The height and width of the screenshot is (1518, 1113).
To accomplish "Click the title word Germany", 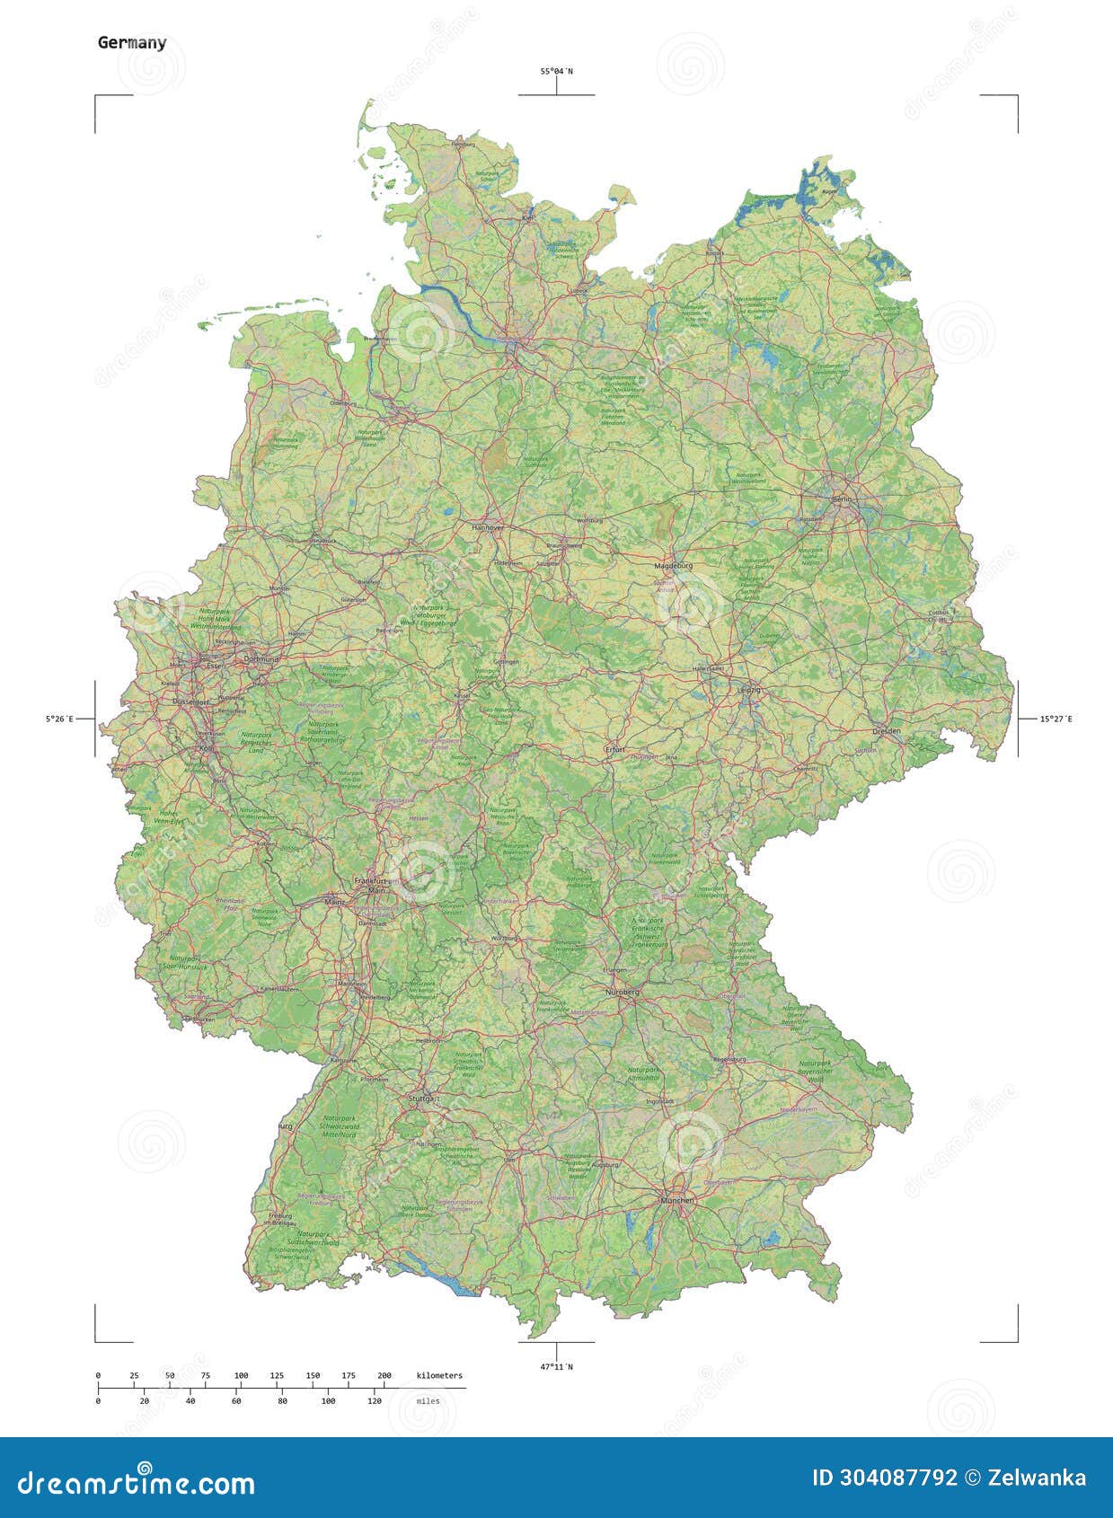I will [x=132, y=42].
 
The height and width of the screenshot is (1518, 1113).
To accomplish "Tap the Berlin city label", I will [x=842, y=499].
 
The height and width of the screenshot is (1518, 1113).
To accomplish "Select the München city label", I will [x=676, y=1200].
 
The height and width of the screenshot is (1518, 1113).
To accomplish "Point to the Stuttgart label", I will [x=422, y=1099].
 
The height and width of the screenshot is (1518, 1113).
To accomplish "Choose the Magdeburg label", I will [x=674, y=567].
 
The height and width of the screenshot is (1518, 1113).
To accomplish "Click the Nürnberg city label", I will [x=622, y=992].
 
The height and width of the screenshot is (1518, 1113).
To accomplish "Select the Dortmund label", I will [x=261, y=659].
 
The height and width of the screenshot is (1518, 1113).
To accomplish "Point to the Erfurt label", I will [x=615, y=748].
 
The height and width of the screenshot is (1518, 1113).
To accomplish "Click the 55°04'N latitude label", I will [x=556, y=71].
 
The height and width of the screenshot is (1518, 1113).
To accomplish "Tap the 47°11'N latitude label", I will [x=556, y=1367].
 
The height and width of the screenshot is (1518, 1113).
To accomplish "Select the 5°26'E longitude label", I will [x=60, y=719].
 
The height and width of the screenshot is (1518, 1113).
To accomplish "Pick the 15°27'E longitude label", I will [x=1056, y=719].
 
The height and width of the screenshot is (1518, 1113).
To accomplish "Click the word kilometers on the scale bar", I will [x=439, y=1375].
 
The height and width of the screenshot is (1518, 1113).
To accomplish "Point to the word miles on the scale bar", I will [x=428, y=1400].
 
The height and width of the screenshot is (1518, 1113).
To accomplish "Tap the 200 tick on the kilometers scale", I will [x=384, y=1375].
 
